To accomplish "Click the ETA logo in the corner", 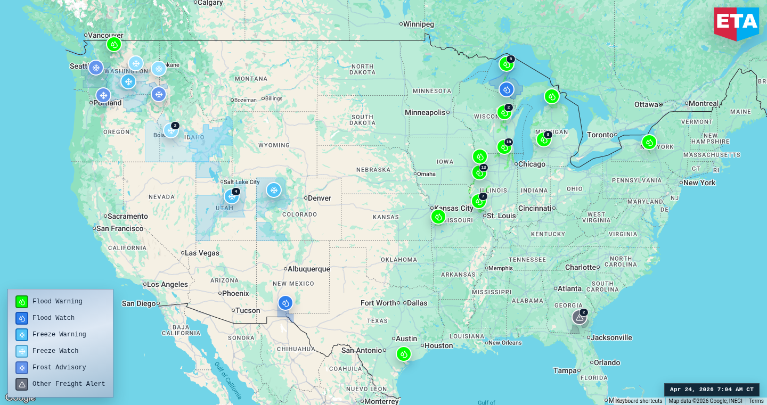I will click(x=736, y=23).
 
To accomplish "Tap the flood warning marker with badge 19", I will click(x=504, y=147).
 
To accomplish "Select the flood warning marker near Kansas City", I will click(x=438, y=216).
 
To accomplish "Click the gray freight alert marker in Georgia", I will click(x=579, y=317).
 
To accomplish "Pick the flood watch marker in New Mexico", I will click(x=285, y=303).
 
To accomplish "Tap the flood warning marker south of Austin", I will click(x=403, y=354).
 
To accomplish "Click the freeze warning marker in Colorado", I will click(x=274, y=190).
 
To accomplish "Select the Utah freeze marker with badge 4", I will click(x=232, y=196).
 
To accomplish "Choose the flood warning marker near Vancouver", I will click(x=113, y=44).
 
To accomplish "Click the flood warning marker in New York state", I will click(x=649, y=142).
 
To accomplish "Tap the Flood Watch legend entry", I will click(x=53, y=318).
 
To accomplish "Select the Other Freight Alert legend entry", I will click(x=68, y=384).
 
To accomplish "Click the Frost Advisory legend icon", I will click(x=22, y=367).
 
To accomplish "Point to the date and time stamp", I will click(x=712, y=390).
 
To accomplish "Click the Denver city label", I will click(x=320, y=198).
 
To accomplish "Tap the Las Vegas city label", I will click(x=202, y=253).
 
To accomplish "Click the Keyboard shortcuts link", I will click(x=639, y=401).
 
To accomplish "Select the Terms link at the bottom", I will click(x=756, y=401).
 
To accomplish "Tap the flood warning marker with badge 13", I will click(x=479, y=172).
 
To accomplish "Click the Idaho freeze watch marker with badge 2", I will click(x=170, y=130).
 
